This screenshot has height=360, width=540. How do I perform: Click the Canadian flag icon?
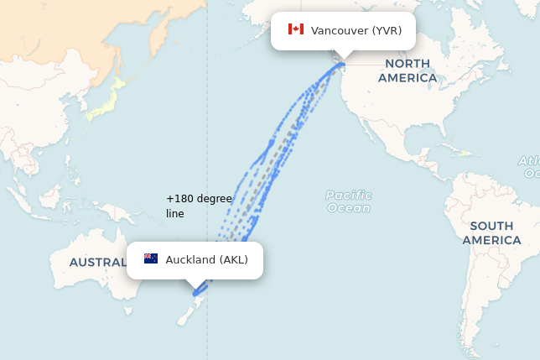[x=295, y=30]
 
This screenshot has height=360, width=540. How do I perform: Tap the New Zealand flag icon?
[x=151, y=259]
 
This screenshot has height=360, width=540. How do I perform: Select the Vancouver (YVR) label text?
[x=356, y=31]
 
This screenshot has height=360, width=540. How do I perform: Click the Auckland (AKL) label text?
[x=206, y=260]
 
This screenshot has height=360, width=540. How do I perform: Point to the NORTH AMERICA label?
[x=408, y=70]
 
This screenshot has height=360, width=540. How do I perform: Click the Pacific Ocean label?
[x=349, y=201]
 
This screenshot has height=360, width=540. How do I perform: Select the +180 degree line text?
[x=198, y=206]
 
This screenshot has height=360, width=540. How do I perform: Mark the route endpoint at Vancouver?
[x=342, y=64]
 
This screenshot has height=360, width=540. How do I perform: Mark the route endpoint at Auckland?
[x=195, y=294]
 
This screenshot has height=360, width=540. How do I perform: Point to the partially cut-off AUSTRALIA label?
[x=97, y=262]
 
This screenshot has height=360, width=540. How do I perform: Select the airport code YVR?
[x=387, y=31]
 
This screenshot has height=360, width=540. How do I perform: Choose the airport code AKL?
[x=234, y=260]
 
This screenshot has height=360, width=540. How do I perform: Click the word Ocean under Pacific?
[x=349, y=208]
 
